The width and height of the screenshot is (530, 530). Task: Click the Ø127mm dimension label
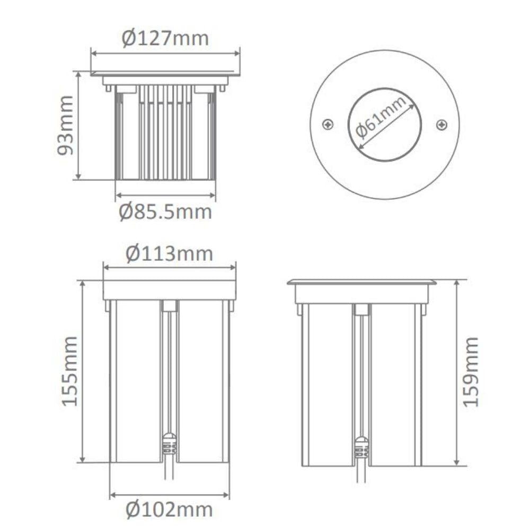coord(165,39)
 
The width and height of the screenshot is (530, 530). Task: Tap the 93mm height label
coord(65,125)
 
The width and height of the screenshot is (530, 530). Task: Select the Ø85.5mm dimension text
coord(165,212)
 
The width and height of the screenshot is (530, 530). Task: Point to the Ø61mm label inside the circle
coord(381,117)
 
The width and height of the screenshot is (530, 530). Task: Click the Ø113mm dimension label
coord(170,254)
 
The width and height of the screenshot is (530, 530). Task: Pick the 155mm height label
coord(69,371)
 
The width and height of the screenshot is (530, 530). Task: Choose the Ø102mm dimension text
coord(170,509)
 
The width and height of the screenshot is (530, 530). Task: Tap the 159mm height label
coord(471,372)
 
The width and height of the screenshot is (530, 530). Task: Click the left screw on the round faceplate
coord(328,125)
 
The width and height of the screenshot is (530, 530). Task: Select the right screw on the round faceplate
coord(442,125)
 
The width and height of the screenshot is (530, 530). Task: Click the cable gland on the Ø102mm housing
coord(170,445)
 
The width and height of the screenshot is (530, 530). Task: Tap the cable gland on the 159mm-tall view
coord(361,448)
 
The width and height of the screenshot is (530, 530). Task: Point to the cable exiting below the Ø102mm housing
coord(170,467)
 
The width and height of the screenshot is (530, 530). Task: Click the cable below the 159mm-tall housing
coord(361,471)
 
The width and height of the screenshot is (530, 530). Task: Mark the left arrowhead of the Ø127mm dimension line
coord(94,54)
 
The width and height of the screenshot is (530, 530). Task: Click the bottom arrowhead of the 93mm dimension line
coord(78,176)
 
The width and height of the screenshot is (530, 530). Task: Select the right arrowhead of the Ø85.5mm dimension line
coord(213,196)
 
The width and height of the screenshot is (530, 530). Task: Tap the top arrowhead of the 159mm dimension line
coord(457,284)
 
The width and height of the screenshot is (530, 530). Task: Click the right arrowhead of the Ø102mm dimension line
coord(226,495)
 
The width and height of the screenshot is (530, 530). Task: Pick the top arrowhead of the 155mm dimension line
coord(82,284)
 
